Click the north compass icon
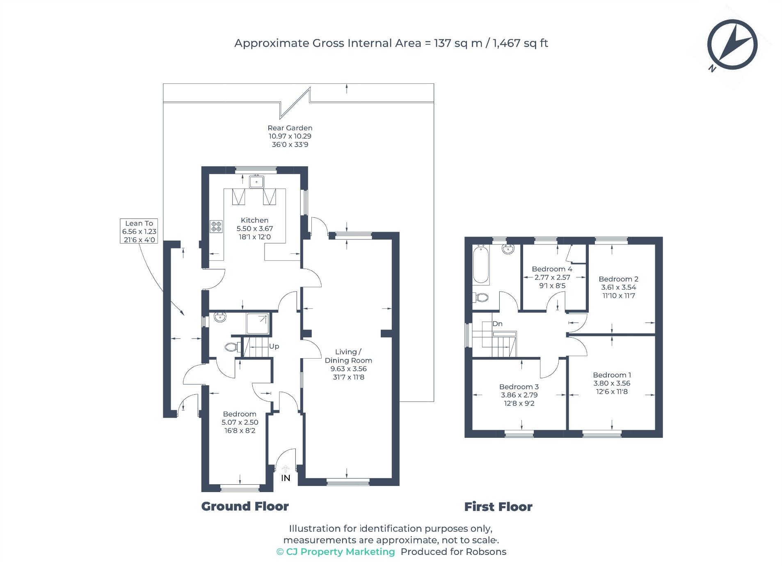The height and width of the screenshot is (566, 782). pos(732,45)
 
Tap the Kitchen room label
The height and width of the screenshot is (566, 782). pos(254,221)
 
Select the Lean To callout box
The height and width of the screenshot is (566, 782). pos(139,231)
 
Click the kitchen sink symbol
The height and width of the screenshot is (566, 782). pos(257,181)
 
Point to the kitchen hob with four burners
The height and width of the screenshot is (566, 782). pos(216,226)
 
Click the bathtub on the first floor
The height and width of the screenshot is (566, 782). pos(480,265)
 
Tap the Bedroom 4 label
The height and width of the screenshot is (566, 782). pos(552,269)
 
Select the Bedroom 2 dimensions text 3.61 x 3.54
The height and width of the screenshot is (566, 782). pos(618,288)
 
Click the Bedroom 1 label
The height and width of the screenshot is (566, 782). pos(612,375)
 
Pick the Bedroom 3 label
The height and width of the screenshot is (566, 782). pos(519,387)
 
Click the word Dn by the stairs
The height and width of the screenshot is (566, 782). pos(497,324)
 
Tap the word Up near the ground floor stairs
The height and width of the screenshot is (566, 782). pos(274,346)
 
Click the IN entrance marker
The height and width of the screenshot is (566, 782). pos(286,478)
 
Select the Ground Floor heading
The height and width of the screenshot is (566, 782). pos(245,506)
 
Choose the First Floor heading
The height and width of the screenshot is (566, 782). pos(498,507)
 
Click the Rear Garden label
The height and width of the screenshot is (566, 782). pos(290,128)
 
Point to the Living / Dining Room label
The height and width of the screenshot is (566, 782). pos(348,356)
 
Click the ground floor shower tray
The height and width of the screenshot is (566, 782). pos(258,324)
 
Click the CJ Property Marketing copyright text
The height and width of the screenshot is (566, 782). pos(336,552)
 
